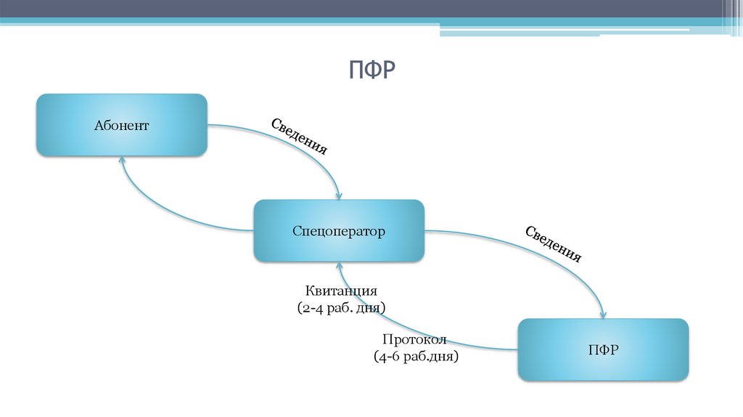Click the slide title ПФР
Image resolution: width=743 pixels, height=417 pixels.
[371, 70]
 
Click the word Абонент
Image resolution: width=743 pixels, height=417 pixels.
[121, 126]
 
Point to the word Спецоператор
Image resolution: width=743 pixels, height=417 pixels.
[339, 232]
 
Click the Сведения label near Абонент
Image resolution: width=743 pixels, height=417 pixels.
[299, 136]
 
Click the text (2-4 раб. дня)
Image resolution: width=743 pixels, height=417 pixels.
[341, 308]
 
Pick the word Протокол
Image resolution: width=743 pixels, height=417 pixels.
[414, 340]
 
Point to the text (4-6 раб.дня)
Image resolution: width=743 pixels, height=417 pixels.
[416, 357]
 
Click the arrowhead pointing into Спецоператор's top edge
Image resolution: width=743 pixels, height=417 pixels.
[338, 195]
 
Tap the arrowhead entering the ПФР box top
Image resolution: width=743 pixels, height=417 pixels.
[603, 314]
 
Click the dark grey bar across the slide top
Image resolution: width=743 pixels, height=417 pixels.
[363, 8]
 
